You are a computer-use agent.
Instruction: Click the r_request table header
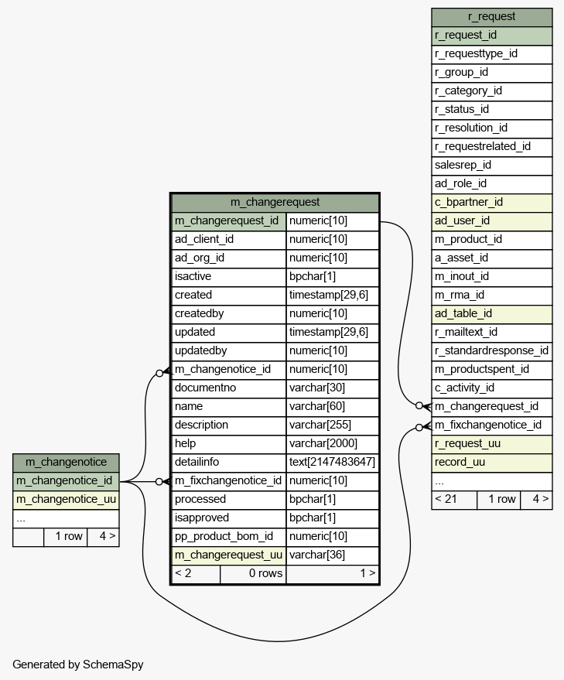pos(491,17)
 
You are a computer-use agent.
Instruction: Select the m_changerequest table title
pos(275,203)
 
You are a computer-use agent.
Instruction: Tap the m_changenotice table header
pos(66,463)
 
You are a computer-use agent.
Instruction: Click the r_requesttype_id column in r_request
pos(491,54)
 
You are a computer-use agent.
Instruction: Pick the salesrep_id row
pos(491,166)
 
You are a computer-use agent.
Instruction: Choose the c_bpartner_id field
pos(491,203)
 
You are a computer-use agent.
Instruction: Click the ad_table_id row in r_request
pos(491,314)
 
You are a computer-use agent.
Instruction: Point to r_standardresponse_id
pos(491,351)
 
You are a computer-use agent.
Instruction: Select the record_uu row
pos(491,463)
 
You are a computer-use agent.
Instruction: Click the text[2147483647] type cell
pos(333,463)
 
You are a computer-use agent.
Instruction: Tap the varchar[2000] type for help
pos(333,444)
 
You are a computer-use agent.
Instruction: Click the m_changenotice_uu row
pos(66,500)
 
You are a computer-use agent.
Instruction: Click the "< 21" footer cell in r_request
pos(454,500)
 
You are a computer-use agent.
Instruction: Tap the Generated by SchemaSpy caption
pos(78,665)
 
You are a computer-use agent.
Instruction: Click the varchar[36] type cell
pos(333,555)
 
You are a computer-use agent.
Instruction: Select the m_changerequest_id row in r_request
pos(491,407)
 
